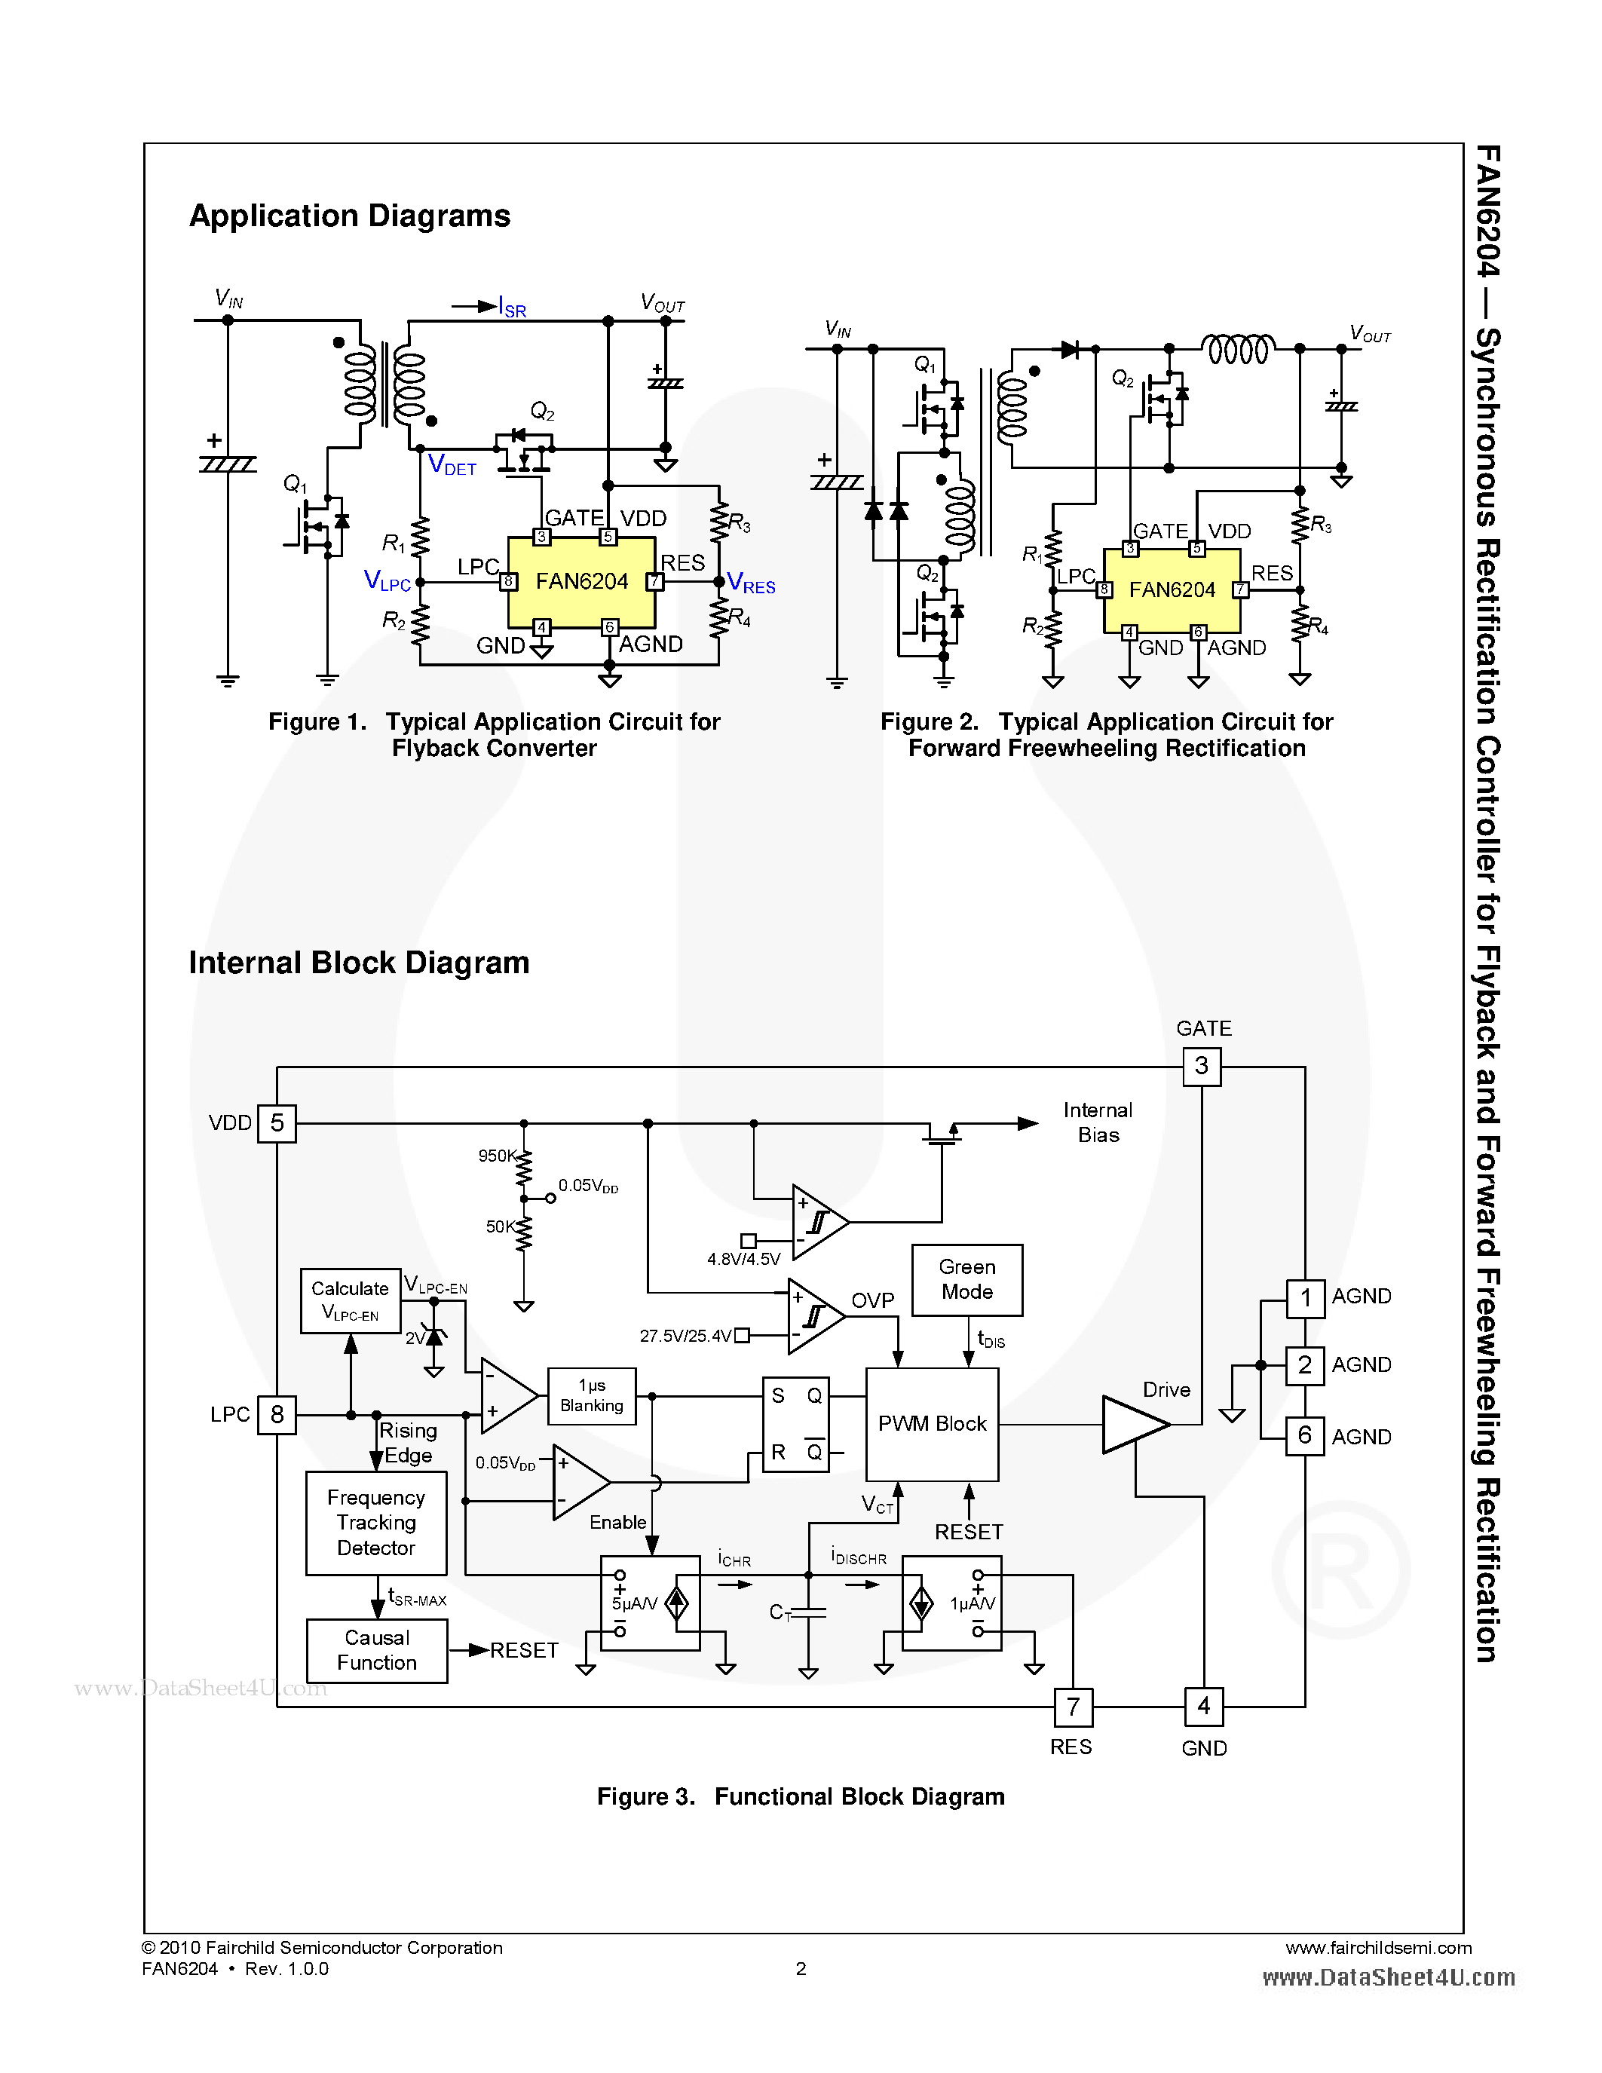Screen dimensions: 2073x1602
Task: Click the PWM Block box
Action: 931,1424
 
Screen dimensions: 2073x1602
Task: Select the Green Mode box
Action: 966,1279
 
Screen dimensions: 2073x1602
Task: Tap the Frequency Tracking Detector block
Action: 376,1523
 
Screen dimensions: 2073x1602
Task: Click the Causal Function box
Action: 377,1651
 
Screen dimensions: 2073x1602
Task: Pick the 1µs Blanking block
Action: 591,1395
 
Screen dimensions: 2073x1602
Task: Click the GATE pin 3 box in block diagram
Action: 1202,1066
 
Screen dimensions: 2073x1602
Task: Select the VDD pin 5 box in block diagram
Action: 277,1123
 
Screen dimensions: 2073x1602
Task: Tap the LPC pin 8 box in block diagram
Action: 277,1414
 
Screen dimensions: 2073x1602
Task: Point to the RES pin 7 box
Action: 1073,1707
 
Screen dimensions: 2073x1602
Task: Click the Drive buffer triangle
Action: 1132,1424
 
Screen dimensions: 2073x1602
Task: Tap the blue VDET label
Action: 452,465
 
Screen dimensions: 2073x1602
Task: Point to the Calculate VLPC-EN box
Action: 351,1300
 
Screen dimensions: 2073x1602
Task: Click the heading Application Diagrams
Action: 349,216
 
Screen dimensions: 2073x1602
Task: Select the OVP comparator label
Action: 872,1300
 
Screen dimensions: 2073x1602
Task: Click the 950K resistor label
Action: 496,1155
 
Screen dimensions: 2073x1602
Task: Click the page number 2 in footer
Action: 801,1968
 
